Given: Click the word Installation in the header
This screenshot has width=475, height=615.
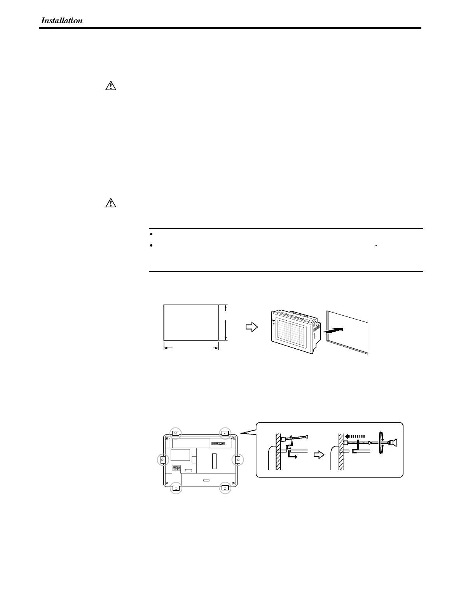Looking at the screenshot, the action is click(62, 21).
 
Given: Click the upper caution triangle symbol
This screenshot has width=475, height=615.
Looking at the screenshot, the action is click(111, 86).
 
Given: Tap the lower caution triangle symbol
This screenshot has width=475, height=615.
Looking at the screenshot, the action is click(111, 203).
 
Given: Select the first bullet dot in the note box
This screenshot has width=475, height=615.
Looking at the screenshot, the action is click(151, 234).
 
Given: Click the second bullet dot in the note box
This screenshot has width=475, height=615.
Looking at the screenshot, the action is click(151, 245).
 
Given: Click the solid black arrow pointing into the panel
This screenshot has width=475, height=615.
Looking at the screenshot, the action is click(334, 330).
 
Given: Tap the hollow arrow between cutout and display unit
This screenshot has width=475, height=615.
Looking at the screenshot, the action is click(251, 327).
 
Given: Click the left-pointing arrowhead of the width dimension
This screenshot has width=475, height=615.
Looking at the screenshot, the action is click(168, 348).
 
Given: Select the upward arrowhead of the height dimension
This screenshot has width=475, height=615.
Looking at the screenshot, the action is click(225, 308).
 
